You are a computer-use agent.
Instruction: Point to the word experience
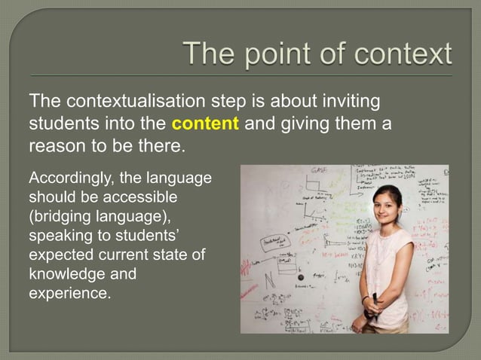tap(69, 292)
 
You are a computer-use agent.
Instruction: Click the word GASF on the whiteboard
tap(320, 173)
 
